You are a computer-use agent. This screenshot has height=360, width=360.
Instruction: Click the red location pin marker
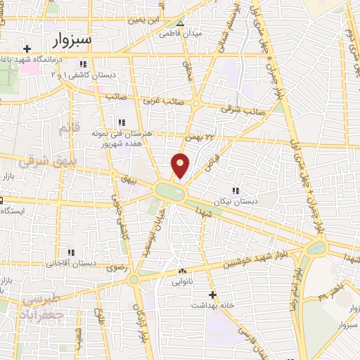[x=181, y=165]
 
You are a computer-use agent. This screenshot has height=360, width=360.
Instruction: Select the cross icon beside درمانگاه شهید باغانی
[x=27, y=49]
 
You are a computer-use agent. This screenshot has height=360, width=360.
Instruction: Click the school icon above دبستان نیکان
[x=236, y=190]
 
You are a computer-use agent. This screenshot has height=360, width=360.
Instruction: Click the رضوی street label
[x=114, y=268]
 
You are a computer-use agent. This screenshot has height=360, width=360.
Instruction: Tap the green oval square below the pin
[x=169, y=191]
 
